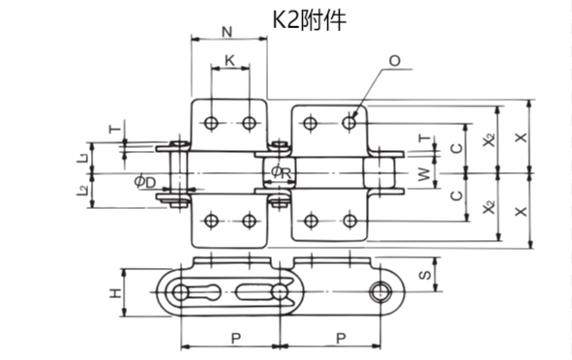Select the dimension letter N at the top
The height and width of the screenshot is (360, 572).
pos(227,31)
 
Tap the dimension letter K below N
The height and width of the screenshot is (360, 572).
pos(228,60)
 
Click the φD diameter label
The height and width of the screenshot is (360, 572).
pos(145,181)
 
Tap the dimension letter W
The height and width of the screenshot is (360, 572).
pos(422,174)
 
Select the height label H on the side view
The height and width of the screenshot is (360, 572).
pos(114,292)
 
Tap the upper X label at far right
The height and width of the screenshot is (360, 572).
pos(523,136)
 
